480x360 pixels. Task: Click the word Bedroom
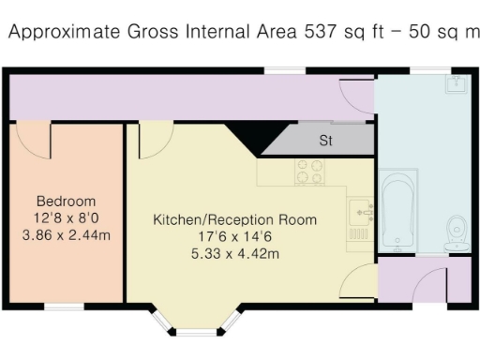66,202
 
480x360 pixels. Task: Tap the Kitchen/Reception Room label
235,220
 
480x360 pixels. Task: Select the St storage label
326,142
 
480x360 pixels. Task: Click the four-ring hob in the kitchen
309,172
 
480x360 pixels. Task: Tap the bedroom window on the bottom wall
64,307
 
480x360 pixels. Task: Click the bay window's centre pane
196,332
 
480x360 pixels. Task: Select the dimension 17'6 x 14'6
235,237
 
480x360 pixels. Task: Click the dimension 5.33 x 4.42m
235,254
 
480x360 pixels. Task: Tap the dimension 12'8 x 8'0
66,218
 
